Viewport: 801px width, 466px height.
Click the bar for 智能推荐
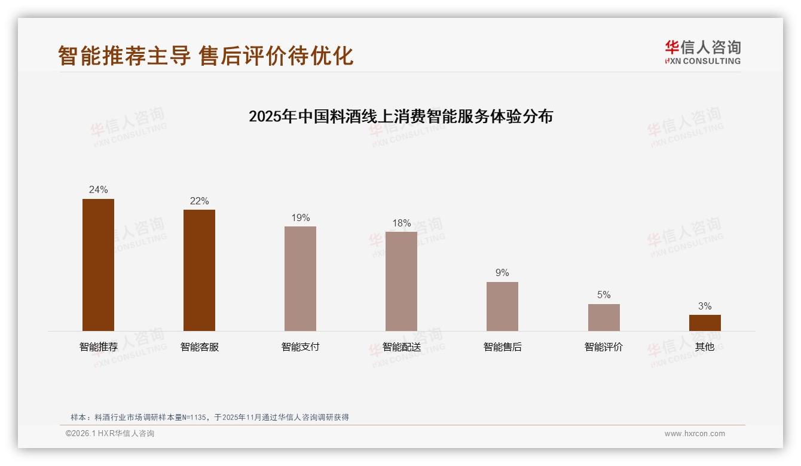[98, 265]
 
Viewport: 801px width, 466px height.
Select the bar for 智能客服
[199, 270]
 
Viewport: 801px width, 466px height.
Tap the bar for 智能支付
[300, 278]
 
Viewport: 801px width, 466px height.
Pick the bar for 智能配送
[401, 281]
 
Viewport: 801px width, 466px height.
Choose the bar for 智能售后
[502, 306]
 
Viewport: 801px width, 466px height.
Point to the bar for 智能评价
[604, 317]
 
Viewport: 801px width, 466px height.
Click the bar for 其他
[705, 323]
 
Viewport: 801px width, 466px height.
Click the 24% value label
[98, 190]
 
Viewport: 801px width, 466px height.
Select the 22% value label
[199, 201]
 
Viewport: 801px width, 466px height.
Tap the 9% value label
[502, 273]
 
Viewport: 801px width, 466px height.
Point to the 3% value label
[705, 306]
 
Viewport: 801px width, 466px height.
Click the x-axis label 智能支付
[300, 347]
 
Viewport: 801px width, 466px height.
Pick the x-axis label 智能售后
[502, 347]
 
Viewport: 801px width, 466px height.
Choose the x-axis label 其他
[705, 347]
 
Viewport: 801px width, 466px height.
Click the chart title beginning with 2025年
[400, 116]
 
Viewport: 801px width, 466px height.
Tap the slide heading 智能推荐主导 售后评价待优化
[206, 56]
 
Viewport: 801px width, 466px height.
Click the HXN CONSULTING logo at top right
[702, 53]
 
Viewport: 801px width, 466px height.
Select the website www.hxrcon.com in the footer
[695, 434]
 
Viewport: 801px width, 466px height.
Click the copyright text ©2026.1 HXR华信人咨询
[110, 434]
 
